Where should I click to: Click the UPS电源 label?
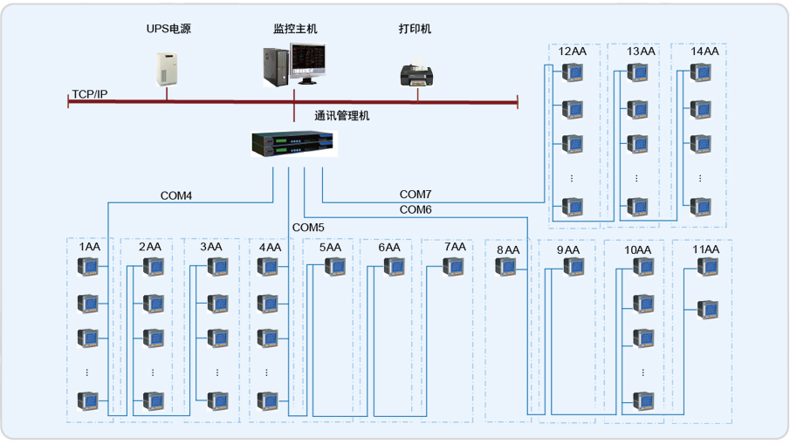click(168, 29)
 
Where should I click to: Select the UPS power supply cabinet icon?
click(167, 67)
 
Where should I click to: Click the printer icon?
click(417, 73)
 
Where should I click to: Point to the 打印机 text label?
click(416, 29)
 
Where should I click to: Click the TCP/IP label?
click(90, 93)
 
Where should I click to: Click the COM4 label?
click(176, 196)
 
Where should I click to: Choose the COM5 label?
click(308, 228)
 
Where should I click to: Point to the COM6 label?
click(416, 210)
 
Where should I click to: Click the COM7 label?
click(416, 194)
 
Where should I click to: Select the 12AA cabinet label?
click(573, 51)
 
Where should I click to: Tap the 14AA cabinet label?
click(704, 51)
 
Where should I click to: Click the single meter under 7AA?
click(454, 266)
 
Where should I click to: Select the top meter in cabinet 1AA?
click(87, 266)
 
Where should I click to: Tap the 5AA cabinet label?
click(330, 248)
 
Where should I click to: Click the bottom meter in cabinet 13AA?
click(637, 207)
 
